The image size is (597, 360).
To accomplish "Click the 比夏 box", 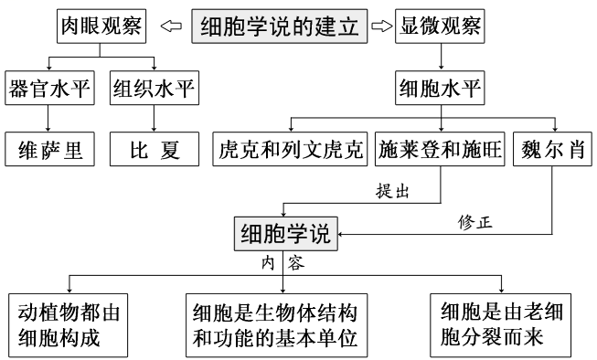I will point(154,149).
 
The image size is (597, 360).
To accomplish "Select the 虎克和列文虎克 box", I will point(292,149).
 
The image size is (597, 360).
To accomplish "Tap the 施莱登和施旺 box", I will point(440,149).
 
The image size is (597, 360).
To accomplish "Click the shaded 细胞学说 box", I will point(284,232).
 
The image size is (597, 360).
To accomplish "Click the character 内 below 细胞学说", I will point(267,263).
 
